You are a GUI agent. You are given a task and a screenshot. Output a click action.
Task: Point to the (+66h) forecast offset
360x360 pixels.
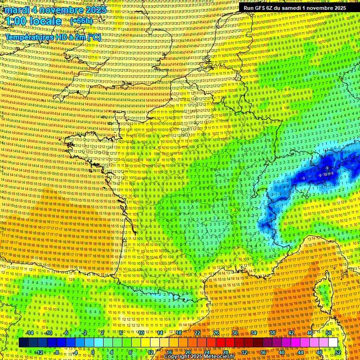coord(81,22)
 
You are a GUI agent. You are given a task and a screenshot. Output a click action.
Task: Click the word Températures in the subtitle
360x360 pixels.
coord(28,37)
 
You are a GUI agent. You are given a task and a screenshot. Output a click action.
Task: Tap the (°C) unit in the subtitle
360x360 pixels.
coord(94,37)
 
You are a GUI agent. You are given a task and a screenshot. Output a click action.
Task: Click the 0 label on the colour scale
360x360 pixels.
coord(93,352)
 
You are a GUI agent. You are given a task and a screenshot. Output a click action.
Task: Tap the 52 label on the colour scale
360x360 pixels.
coord(338,352)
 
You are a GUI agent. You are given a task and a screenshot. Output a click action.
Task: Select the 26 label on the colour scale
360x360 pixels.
coord(216,333)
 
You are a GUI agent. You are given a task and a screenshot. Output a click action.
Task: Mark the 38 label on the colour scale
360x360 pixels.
coord(272,333)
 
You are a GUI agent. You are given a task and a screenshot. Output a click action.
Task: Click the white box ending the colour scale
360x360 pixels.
coord(333,343)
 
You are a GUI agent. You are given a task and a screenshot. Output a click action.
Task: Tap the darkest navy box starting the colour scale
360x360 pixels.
coord(23,343)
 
